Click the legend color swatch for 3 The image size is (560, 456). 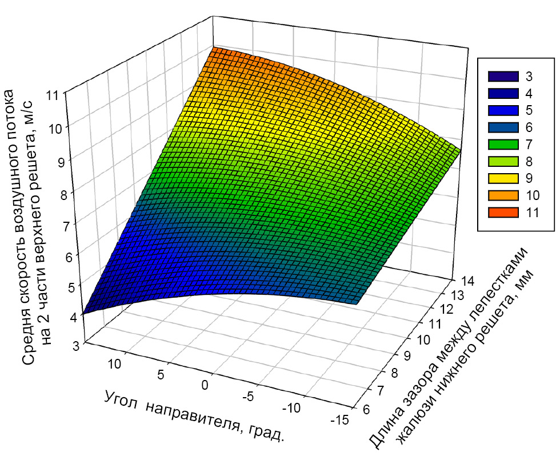(x=503, y=76)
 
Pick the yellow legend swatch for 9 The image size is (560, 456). (x=503, y=178)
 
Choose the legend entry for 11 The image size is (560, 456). (x=503, y=212)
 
